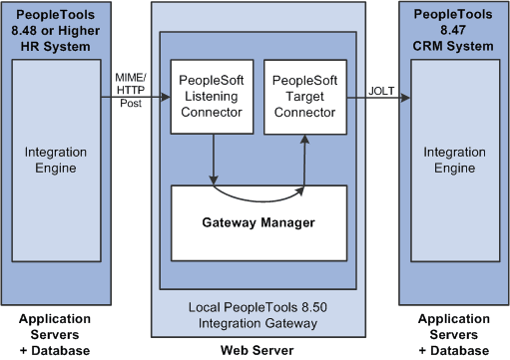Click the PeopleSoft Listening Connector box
click(212, 98)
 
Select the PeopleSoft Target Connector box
click(304, 98)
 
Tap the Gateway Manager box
click(259, 221)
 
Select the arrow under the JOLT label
click(377, 100)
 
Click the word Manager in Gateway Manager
click(285, 221)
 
